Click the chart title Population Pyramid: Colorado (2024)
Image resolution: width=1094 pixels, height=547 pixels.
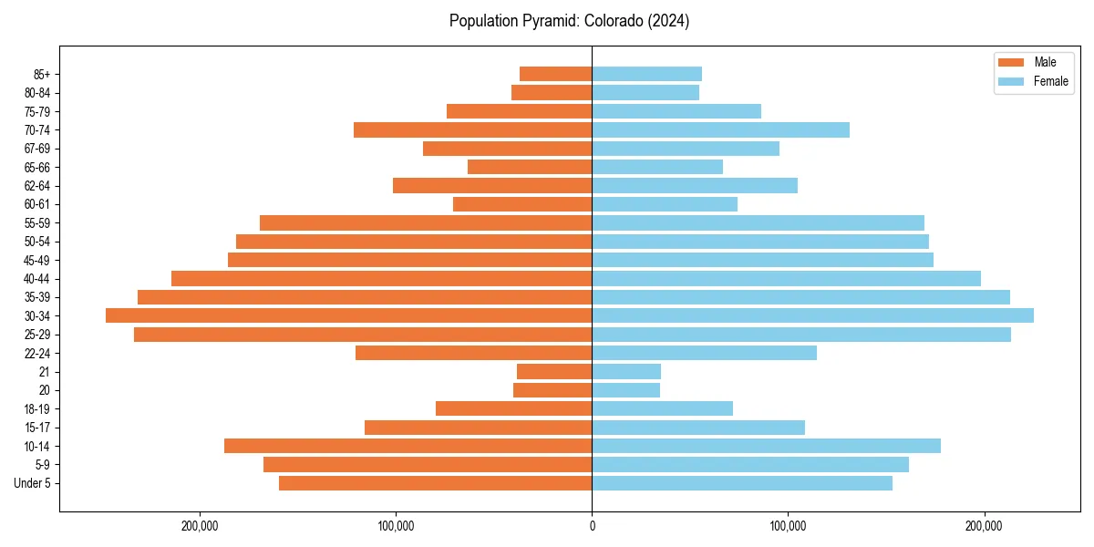(569, 21)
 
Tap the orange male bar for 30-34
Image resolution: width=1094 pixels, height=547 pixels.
(348, 315)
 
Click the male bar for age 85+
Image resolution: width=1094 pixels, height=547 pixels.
(555, 74)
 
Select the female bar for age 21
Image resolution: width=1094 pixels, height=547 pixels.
(626, 371)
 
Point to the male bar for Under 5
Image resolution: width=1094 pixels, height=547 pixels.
(435, 483)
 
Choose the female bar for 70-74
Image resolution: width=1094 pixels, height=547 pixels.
(720, 129)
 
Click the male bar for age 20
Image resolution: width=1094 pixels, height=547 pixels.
(552, 390)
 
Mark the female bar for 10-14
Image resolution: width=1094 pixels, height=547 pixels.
(766, 446)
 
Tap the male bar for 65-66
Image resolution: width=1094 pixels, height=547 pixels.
(530, 167)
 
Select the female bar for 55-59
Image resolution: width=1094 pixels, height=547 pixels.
(758, 222)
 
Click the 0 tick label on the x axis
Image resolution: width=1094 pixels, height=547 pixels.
(592, 526)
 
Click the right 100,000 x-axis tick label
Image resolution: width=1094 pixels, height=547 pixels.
(788, 526)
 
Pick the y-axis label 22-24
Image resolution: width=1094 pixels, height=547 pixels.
(36, 353)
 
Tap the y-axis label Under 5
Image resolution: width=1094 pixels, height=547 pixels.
(32, 483)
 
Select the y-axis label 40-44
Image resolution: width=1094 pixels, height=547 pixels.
(36, 278)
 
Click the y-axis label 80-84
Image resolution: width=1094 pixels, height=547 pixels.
(36, 92)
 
